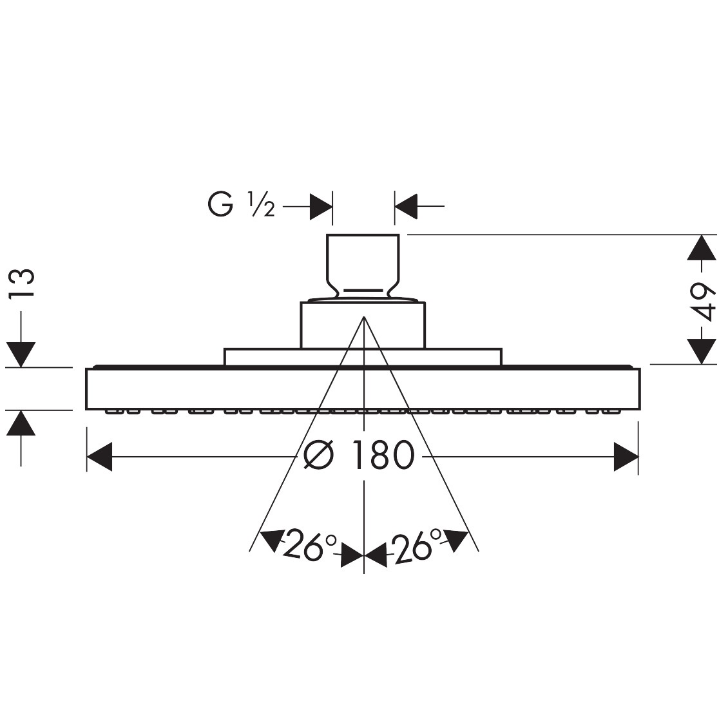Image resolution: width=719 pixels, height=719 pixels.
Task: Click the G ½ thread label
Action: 241,204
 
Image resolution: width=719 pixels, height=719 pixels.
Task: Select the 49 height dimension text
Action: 702,301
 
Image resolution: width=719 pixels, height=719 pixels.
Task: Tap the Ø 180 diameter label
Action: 359,455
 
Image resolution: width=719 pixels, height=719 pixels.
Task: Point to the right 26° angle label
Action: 416,544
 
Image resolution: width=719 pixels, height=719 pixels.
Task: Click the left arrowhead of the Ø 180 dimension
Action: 99,457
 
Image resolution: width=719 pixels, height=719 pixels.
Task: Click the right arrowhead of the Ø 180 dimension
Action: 626,457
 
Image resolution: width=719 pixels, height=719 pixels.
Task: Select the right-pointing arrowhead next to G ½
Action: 321,206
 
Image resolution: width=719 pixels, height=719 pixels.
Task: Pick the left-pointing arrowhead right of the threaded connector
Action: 406,206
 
